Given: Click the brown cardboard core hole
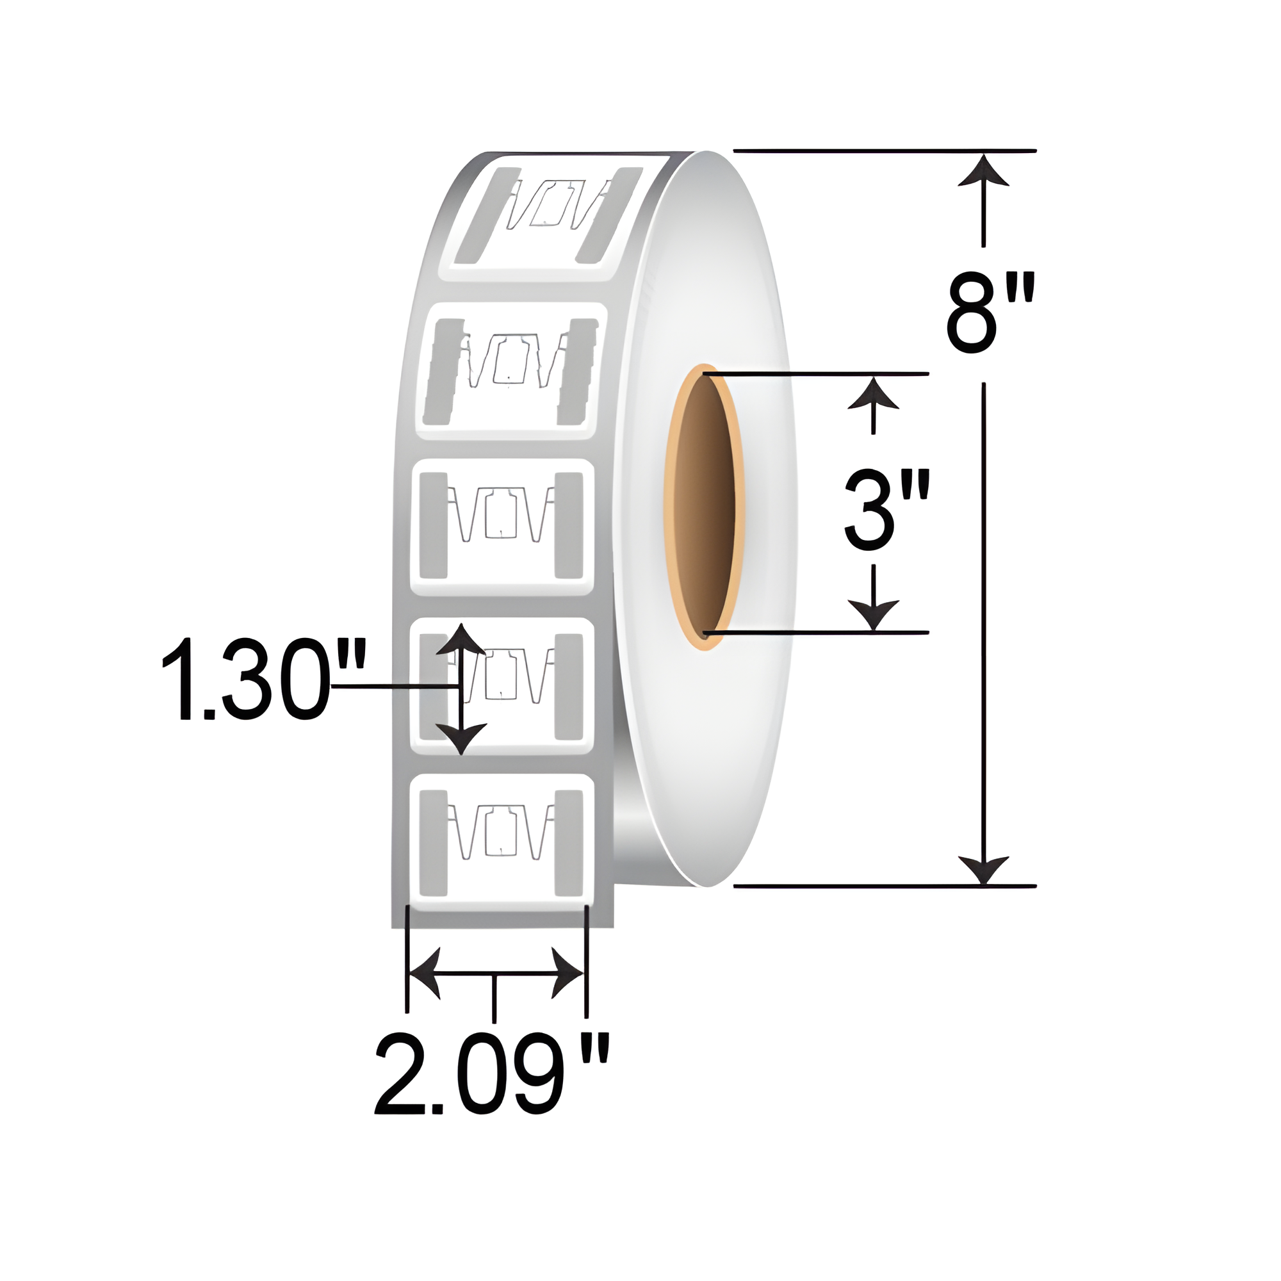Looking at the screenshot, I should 704,507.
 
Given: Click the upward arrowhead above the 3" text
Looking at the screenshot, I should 874,394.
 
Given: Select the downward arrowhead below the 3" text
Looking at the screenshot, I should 874,614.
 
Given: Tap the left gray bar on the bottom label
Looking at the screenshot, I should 434,842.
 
